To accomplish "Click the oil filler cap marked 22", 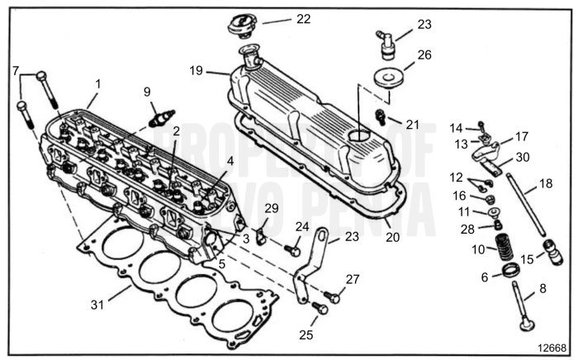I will coord(240,23).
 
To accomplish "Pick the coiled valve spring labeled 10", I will coord(501,245).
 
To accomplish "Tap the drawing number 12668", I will coord(549,348).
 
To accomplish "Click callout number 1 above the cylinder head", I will coord(97,85).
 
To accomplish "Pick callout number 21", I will coord(412,125).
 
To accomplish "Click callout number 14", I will coord(456,127).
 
